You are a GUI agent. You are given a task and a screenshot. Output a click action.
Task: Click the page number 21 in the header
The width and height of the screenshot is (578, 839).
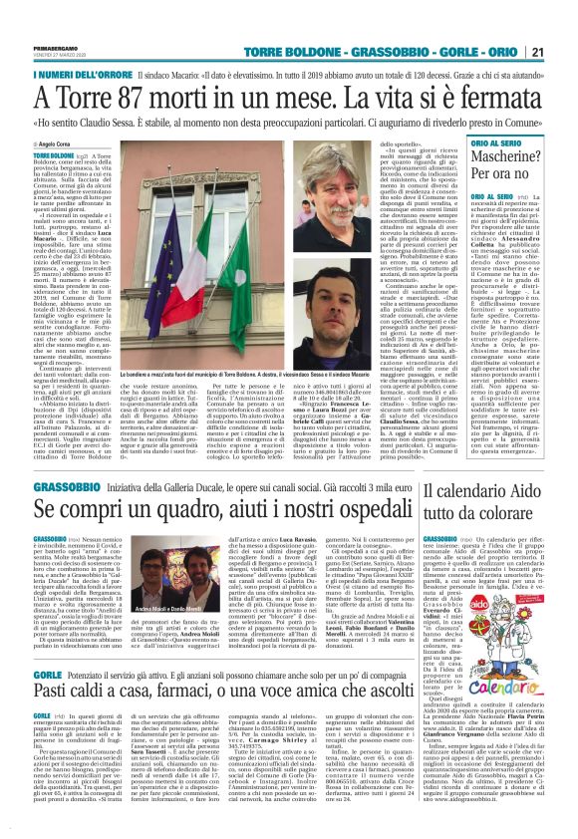point(564,52)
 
